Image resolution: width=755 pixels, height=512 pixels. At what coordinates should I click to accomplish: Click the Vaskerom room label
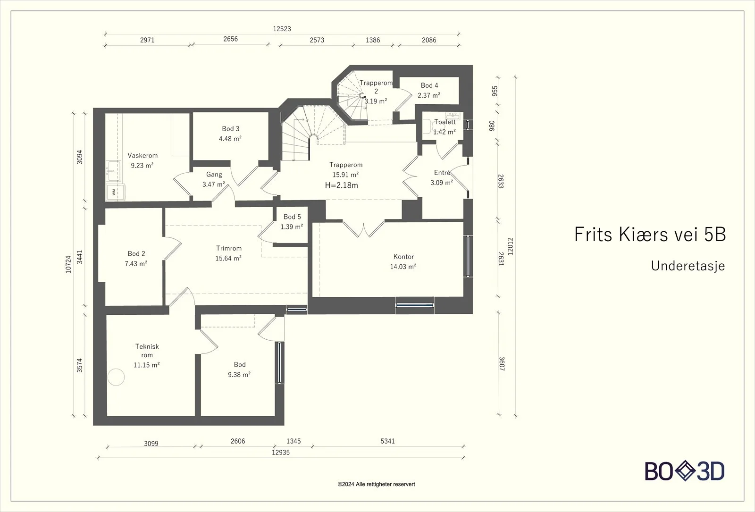click(143, 155)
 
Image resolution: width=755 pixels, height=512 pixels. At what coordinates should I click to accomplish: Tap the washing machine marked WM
click(116, 192)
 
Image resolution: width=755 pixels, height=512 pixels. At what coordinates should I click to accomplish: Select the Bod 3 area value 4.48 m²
click(230, 139)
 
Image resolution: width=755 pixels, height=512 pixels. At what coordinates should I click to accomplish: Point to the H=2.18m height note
click(342, 185)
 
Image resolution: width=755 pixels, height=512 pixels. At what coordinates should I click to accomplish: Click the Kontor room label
click(403, 257)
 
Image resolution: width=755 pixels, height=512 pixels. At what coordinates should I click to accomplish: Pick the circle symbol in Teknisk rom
click(116, 377)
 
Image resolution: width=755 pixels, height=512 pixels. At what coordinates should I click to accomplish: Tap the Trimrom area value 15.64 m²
click(228, 258)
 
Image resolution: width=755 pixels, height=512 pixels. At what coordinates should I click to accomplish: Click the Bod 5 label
click(292, 217)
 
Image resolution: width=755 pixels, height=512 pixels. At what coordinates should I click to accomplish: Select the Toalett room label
click(445, 122)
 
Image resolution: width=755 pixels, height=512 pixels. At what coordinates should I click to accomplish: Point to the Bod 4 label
click(429, 85)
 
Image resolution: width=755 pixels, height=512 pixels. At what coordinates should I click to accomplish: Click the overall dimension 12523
click(282, 29)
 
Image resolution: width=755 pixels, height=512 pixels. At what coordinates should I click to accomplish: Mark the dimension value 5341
click(387, 441)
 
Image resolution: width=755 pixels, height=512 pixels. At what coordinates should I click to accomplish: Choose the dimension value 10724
click(68, 264)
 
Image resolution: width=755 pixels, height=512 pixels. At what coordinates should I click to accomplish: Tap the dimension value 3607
click(502, 364)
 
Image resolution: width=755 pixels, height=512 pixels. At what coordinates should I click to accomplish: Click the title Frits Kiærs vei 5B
click(650, 234)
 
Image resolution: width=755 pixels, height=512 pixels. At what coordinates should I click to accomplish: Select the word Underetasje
click(688, 266)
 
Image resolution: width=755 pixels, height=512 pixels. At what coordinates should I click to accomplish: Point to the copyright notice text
click(377, 484)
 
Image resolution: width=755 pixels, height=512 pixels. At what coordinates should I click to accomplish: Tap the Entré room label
click(442, 173)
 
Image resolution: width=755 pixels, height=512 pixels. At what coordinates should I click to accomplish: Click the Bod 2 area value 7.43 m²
click(136, 264)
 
